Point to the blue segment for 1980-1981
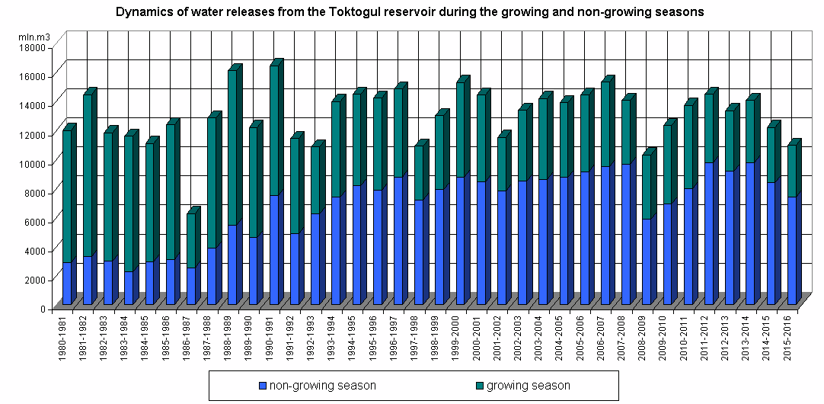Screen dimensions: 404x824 tap(67, 284)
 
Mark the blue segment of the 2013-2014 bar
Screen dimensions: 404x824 tap(750, 233)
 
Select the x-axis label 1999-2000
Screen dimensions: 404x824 tap(461, 336)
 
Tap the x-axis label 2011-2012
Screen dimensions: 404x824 tap(709, 336)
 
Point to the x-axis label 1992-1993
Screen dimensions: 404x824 tap(316, 336)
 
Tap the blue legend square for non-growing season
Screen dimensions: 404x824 tap(263, 386)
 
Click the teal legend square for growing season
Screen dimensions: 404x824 tap(480, 386)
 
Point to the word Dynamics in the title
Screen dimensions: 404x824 tap(140, 12)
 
